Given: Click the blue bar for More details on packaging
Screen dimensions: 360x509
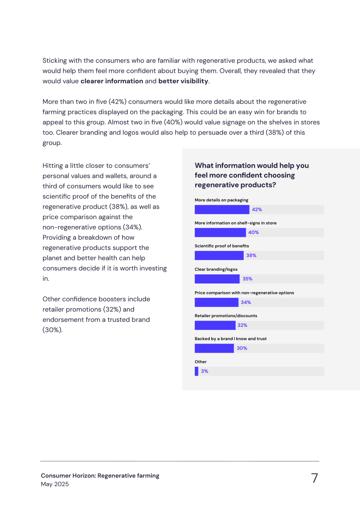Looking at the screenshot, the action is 222,209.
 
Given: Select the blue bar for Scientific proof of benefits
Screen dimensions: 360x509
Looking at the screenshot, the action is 219,255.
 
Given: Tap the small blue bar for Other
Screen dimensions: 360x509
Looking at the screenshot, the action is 196,371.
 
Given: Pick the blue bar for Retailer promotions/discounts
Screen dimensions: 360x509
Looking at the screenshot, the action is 215,325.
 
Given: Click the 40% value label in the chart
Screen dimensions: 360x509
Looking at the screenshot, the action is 253,232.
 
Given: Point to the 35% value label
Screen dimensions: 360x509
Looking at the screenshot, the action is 247,279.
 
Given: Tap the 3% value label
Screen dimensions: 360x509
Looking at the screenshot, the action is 204,371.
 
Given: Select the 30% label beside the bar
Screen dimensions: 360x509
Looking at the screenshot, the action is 242,348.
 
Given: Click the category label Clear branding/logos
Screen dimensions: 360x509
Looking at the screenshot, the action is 216,269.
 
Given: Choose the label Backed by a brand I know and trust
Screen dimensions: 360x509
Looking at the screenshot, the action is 230,339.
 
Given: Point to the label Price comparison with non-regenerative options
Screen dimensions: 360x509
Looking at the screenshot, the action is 244,293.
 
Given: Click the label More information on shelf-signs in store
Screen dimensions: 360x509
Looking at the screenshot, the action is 236,223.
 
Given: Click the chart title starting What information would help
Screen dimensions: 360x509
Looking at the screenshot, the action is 252,175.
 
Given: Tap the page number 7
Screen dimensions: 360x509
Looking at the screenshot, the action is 314,478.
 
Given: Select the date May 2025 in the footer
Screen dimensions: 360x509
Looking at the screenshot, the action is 54,484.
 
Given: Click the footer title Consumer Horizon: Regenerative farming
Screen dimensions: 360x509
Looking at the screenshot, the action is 100,476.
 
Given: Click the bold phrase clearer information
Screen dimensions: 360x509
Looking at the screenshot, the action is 112,81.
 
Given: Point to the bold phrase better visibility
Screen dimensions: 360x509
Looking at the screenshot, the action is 183,81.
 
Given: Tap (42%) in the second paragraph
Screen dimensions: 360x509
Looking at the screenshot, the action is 117,102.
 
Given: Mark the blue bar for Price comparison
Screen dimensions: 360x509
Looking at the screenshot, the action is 216,302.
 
